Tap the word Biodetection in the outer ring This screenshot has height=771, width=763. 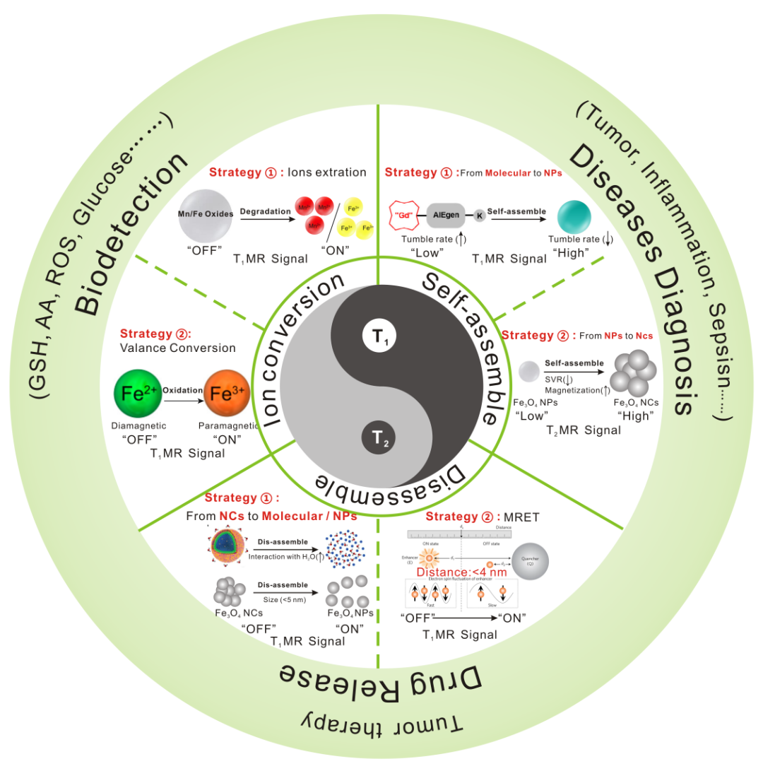tap(128, 234)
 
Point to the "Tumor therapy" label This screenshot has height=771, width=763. tap(382, 722)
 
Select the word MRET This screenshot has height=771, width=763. tap(523, 517)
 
